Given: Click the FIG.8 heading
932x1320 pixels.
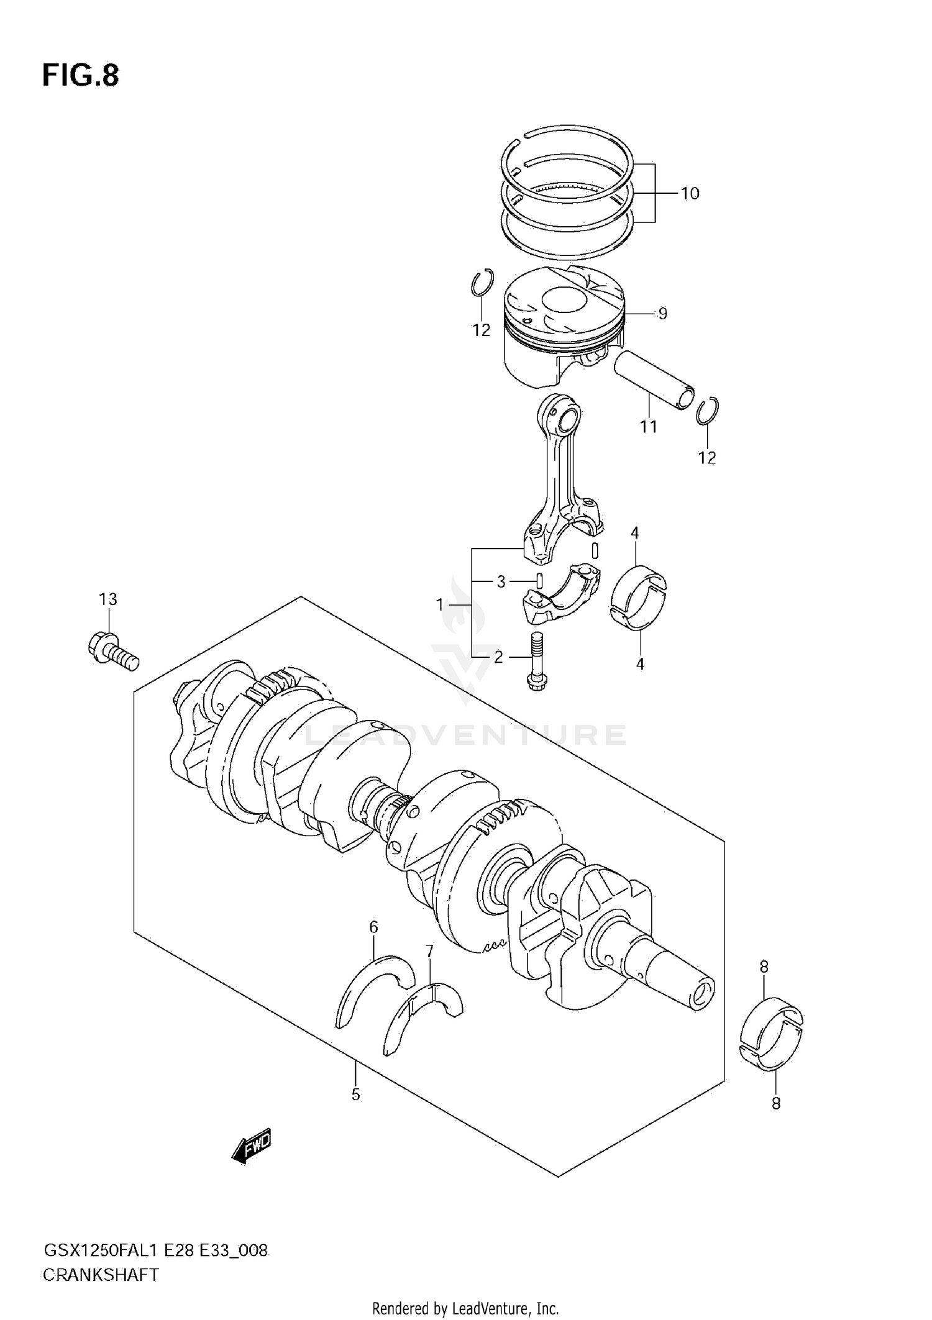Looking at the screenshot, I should (x=80, y=76).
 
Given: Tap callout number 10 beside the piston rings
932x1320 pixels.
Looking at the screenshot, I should (x=690, y=194).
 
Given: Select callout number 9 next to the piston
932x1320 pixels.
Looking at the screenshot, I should (x=662, y=314).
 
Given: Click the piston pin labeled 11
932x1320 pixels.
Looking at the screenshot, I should (x=652, y=379).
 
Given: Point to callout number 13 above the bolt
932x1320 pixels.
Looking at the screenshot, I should (x=107, y=599).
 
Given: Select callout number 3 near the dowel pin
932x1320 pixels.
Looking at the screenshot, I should (x=501, y=582).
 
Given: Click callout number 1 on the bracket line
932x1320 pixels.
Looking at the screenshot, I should (x=440, y=604).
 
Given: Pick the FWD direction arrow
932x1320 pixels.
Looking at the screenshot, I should (x=252, y=1145).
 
